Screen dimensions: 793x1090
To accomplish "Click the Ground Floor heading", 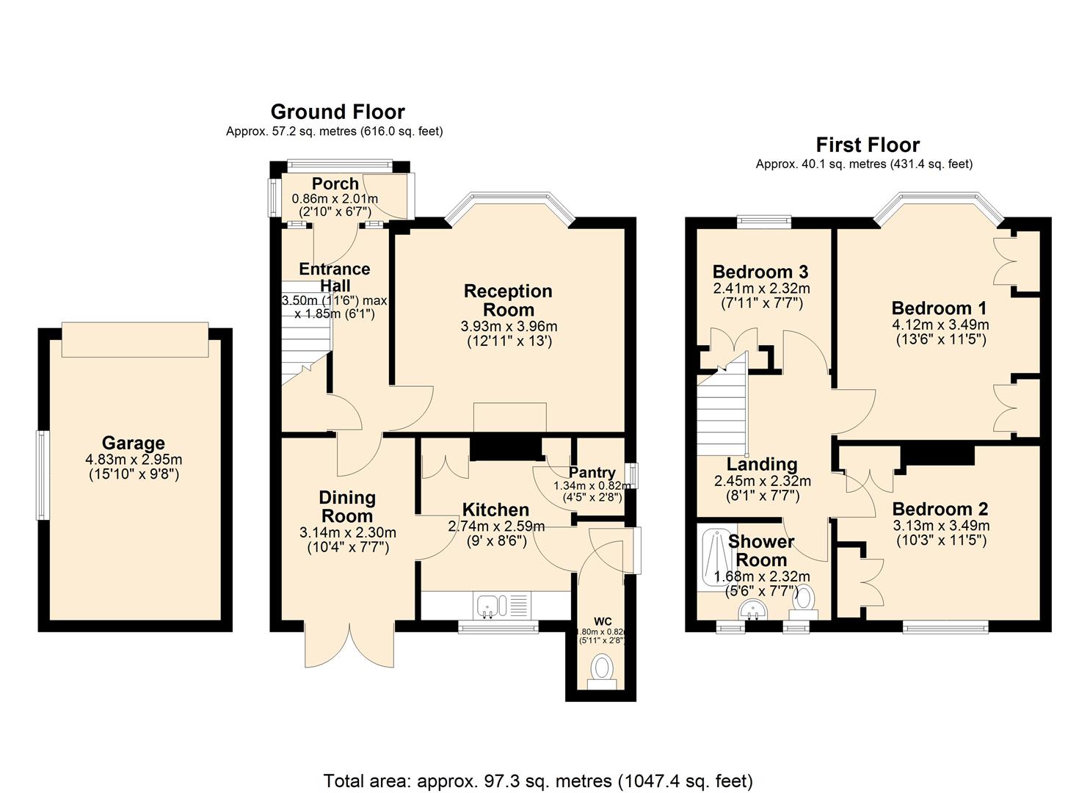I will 338,112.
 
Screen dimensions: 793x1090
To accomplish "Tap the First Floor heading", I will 868,145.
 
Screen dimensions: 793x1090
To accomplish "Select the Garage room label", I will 133,443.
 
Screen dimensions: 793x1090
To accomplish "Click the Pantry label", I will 592,472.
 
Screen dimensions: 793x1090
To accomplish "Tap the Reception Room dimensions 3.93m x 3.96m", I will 508,326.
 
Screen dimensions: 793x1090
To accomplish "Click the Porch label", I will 335,184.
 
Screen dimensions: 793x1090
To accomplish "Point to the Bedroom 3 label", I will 760,272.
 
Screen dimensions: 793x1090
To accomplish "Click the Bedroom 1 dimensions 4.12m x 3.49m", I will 940,325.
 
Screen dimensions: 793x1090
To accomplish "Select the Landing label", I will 762,464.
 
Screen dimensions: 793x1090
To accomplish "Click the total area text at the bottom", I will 538,781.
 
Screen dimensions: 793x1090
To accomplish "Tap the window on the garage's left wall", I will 43,475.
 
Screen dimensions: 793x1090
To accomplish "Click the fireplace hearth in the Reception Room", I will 510,417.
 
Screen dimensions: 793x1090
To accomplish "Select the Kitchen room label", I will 495,510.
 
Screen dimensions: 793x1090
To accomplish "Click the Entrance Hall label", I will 335,278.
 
